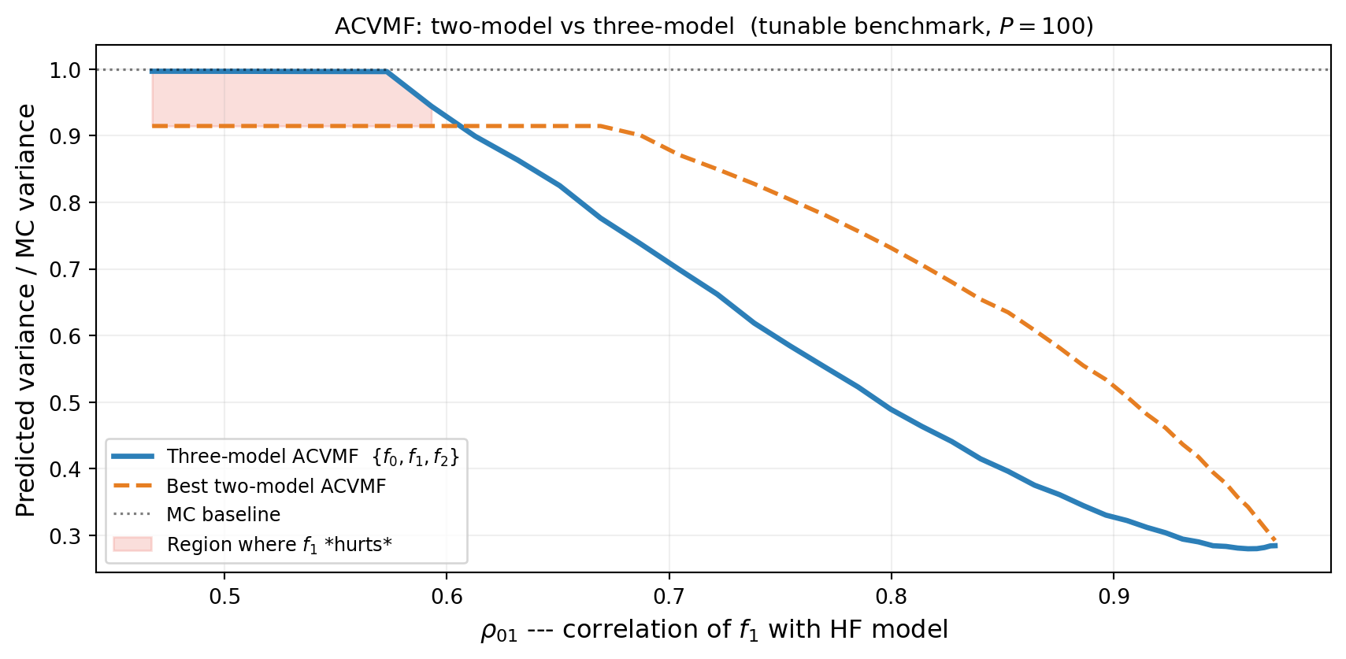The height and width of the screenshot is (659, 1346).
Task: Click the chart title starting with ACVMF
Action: (714, 26)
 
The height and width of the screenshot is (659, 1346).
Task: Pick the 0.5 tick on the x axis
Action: (224, 596)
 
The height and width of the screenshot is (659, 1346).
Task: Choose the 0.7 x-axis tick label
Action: (669, 596)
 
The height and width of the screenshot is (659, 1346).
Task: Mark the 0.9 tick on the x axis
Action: (1113, 596)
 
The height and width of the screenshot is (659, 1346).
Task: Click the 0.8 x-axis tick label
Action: (891, 596)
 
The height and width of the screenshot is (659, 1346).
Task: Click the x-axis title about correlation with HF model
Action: (714, 630)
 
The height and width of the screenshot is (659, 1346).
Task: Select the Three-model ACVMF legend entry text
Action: (313, 457)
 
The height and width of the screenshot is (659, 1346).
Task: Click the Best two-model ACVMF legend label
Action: (276, 487)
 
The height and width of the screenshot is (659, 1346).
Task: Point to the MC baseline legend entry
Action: (224, 515)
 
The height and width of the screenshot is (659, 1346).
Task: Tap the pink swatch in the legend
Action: (132, 544)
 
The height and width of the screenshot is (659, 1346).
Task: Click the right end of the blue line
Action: (1276, 546)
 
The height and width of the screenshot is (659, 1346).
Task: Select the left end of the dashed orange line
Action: (153, 126)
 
